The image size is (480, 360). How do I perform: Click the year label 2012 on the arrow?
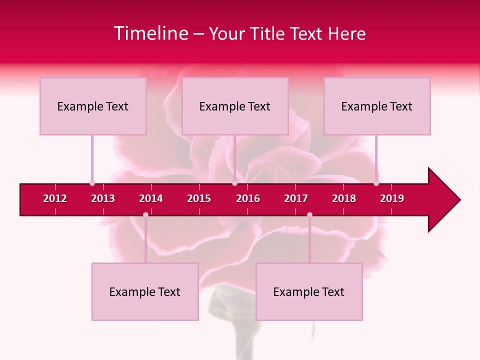[x=55, y=198]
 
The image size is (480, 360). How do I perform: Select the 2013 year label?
[x=103, y=198]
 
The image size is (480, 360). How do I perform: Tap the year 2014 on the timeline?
[x=151, y=198]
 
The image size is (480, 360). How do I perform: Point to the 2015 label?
[x=199, y=198]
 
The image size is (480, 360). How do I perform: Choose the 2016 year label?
[x=248, y=198]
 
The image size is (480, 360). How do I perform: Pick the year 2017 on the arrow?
[x=296, y=198]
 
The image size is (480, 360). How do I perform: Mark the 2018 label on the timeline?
[x=344, y=198]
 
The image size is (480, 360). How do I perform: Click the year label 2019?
[x=392, y=198]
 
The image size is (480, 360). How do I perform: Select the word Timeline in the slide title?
[x=150, y=33]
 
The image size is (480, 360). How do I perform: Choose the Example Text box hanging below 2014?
[x=145, y=291]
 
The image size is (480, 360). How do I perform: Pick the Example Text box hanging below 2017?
[x=309, y=291]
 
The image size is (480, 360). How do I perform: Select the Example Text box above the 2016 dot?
[x=235, y=106]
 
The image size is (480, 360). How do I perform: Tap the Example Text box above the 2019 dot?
[x=377, y=106]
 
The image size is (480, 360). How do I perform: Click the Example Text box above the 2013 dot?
[x=93, y=106]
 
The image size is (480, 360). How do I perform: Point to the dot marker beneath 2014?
[x=145, y=214]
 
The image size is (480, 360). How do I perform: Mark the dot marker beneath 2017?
[x=309, y=214]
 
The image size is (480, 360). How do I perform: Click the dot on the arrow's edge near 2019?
[x=376, y=183]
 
